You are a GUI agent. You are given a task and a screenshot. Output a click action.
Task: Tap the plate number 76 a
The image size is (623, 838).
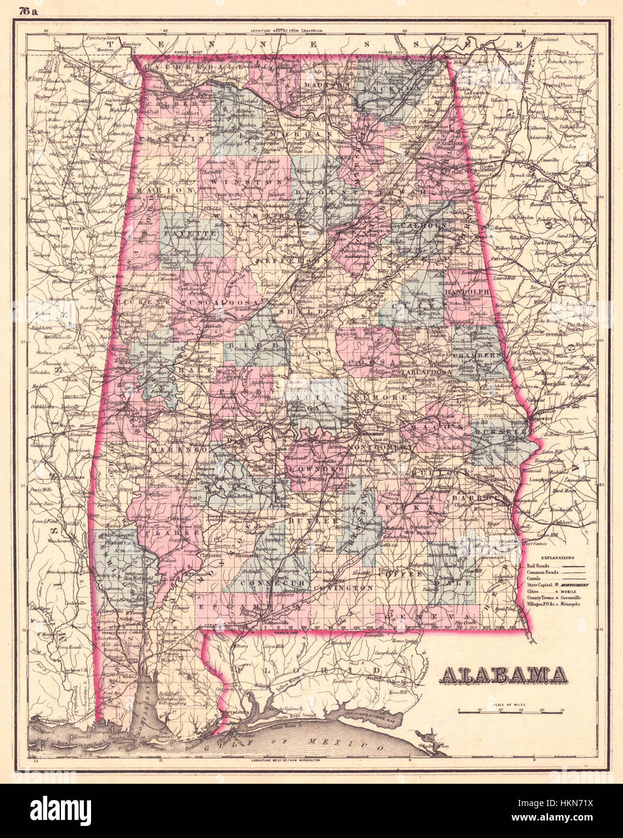(28, 10)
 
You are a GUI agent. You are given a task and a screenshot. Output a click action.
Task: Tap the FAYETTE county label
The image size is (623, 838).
(192, 232)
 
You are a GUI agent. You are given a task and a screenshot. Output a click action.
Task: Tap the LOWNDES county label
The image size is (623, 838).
(311, 468)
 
